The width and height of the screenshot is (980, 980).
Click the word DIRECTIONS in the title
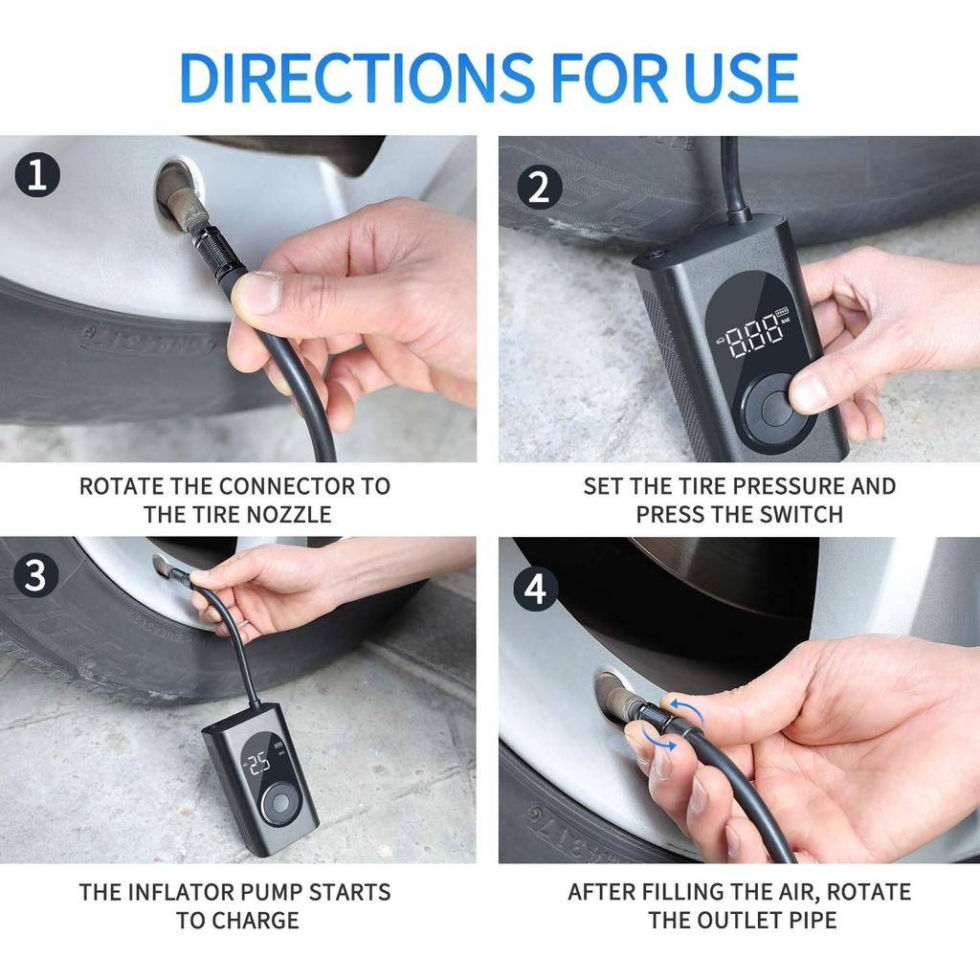(356, 78)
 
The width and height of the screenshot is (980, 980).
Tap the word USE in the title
(741, 78)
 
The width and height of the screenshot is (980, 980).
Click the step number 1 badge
(37, 174)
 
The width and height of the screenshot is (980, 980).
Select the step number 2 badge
(540, 187)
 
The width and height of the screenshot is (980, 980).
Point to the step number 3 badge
(35, 575)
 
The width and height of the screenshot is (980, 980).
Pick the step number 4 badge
(535, 589)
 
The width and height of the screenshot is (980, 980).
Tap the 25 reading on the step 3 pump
(259, 764)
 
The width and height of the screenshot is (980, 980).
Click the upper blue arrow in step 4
(686, 711)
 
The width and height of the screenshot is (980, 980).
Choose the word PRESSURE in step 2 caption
(789, 486)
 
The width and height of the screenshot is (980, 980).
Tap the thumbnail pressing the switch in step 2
(810, 393)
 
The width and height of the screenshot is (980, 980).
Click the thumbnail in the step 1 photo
(257, 293)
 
